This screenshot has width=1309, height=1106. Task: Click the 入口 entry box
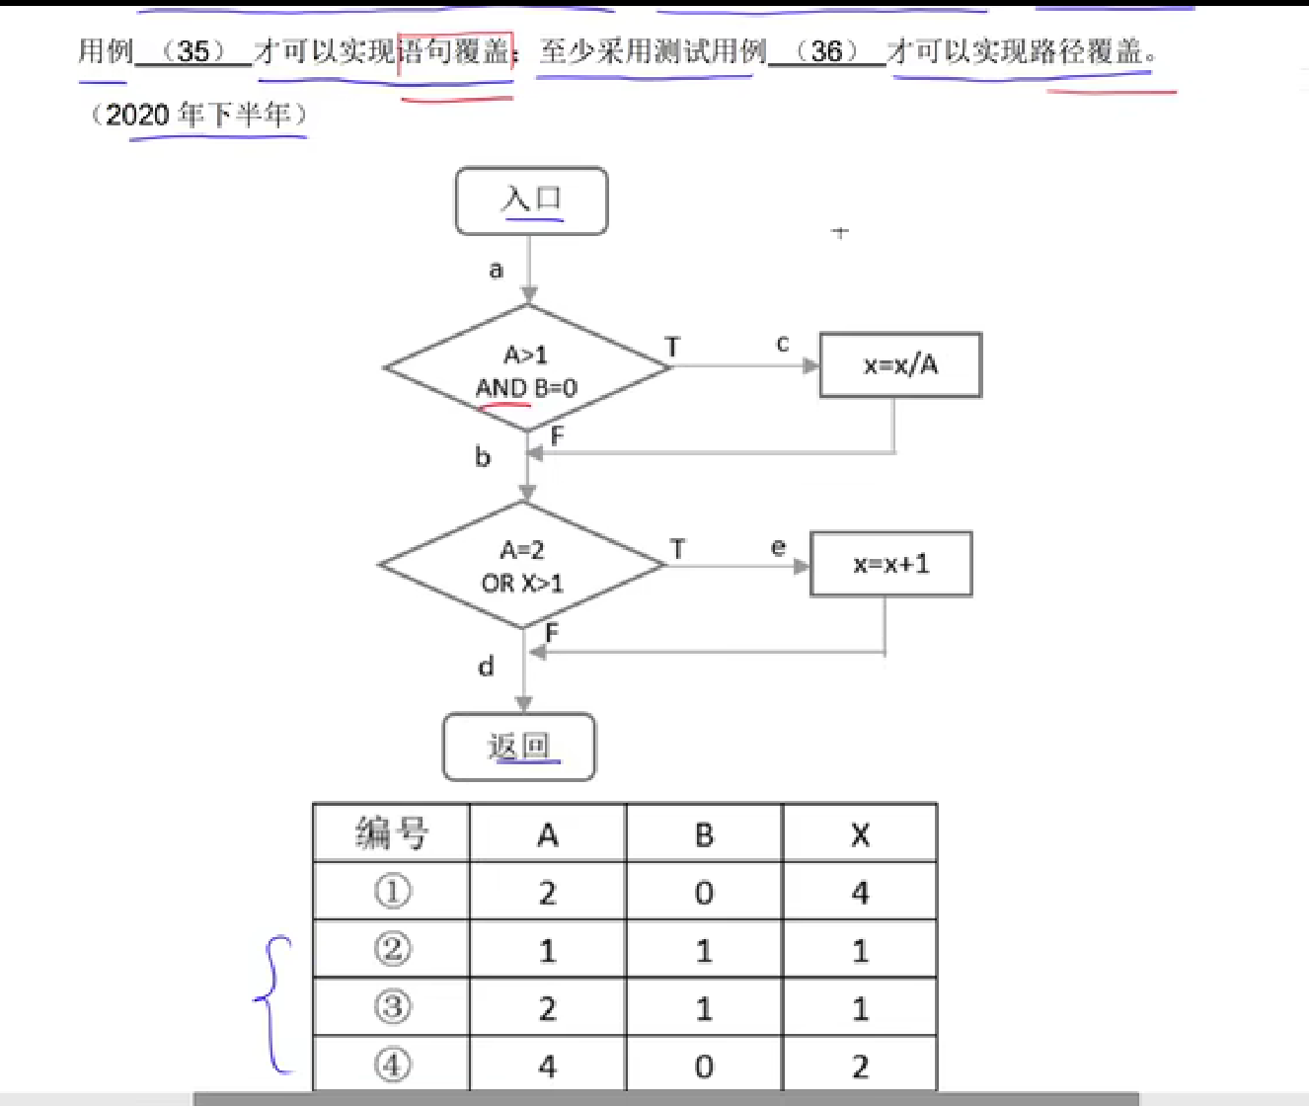531,200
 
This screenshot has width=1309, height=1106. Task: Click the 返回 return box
519,747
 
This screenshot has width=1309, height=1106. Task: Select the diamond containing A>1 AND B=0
526,368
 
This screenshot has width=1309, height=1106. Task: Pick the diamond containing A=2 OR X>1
522,565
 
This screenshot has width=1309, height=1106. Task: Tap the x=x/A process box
900,365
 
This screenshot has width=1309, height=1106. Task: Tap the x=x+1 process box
890,564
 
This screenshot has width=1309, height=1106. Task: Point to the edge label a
496,270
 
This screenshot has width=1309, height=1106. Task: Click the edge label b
483,456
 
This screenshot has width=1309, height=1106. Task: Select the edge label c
783,344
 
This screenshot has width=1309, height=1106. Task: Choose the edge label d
486,667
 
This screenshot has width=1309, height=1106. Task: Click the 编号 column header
392,833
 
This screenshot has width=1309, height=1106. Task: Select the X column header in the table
860,835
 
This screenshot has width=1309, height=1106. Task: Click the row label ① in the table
392,892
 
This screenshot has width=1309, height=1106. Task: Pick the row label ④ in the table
392,1065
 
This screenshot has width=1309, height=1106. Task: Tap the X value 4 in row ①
860,893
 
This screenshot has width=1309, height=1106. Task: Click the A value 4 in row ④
547,1066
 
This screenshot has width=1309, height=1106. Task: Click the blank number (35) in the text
193,50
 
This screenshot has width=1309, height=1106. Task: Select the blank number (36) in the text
826,50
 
